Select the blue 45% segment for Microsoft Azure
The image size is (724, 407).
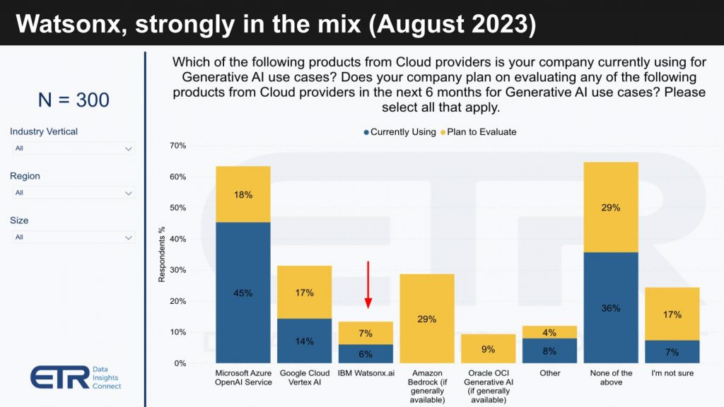pos(243,292)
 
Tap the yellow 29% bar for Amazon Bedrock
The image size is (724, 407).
pos(427,318)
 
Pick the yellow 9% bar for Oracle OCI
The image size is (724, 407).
pos(489,348)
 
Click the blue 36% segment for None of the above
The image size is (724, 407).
pos(611,307)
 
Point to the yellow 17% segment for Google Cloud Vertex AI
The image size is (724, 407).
pos(305,292)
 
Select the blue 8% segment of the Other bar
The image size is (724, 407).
pos(549,350)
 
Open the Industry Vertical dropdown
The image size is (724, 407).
pos(74,148)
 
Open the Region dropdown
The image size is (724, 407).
pos(74,193)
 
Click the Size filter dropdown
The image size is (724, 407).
pos(74,237)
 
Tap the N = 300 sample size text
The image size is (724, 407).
pos(74,100)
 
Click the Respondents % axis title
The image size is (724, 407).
pos(162,254)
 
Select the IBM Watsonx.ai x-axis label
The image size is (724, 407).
pos(366,372)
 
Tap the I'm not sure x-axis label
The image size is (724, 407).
pos(672,372)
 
